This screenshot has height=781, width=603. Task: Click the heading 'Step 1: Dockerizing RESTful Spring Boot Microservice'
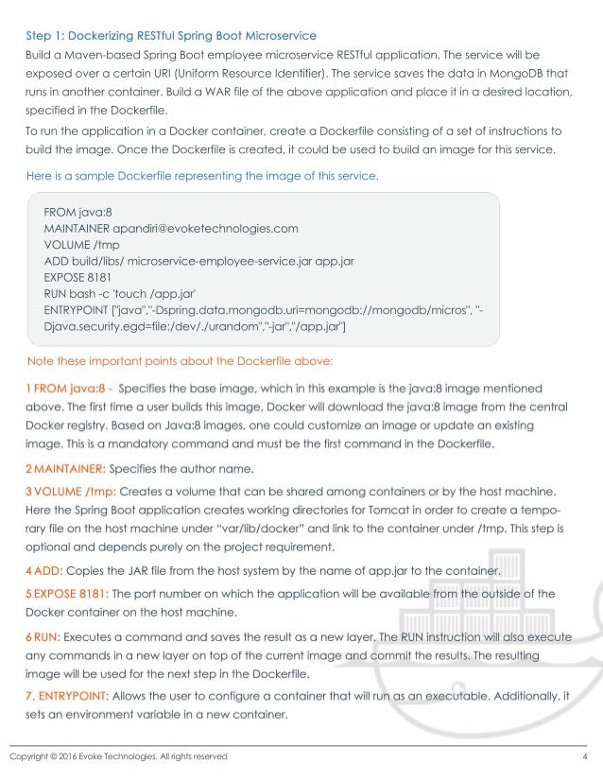171,37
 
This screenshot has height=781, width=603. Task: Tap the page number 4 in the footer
585,756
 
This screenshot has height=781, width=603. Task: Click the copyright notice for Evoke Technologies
118,756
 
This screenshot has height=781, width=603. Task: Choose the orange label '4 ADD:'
47,570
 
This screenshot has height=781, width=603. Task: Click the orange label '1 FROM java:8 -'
70,387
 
